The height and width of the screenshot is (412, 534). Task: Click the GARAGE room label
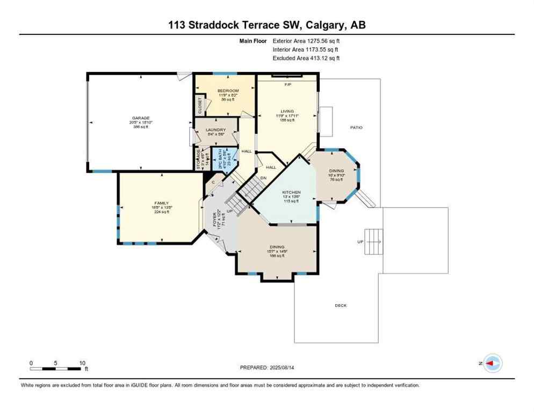141,118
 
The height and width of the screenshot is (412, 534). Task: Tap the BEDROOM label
228,91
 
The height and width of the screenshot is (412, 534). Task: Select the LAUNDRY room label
216,130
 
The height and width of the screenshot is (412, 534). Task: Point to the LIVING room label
287,111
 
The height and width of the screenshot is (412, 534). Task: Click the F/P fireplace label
287,85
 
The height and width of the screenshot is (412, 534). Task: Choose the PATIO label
356,127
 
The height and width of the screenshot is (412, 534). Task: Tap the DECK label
341,305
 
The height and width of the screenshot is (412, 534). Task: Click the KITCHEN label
292,192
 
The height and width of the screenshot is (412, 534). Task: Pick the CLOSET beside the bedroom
200,105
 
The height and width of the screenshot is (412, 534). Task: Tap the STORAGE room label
198,159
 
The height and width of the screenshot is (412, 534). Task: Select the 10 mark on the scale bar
82,363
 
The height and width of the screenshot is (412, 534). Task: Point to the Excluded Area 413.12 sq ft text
306,58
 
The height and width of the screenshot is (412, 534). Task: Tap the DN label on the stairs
263,178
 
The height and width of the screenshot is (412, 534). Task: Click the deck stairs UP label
359,242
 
